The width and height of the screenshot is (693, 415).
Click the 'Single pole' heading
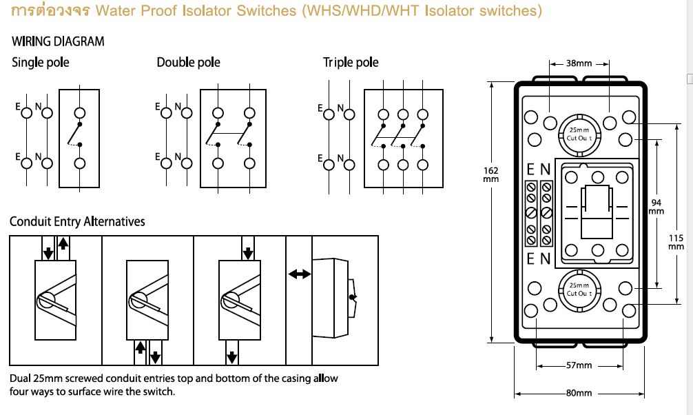pyautogui.click(x=40, y=62)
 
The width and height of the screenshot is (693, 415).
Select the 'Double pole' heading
pyautogui.click(x=188, y=62)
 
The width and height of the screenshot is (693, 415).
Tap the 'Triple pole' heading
pyautogui.click(x=351, y=62)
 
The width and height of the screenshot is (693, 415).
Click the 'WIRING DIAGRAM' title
pyautogui.click(x=58, y=41)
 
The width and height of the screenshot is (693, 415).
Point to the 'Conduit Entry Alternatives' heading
pyautogui.click(x=77, y=221)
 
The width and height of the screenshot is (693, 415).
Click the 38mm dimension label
pyautogui.click(x=579, y=63)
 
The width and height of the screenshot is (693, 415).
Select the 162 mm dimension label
pyautogui.click(x=490, y=175)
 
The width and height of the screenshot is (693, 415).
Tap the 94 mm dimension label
pyautogui.click(x=656, y=207)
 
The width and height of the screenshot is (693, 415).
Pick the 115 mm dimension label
pyautogui.click(x=676, y=242)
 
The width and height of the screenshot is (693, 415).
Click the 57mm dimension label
pyautogui.click(x=579, y=365)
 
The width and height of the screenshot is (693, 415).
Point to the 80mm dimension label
pyautogui.click(x=579, y=393)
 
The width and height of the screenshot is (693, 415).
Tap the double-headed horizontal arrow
pyautogui.click(x=299, y=274)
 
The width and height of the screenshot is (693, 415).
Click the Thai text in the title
pyautogui.click(x=50, y=10)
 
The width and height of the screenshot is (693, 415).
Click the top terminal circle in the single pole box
pyautogui.click(x=79, y=113)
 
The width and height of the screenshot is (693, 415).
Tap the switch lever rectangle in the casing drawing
pyautogui.click(x=597, y=212)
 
